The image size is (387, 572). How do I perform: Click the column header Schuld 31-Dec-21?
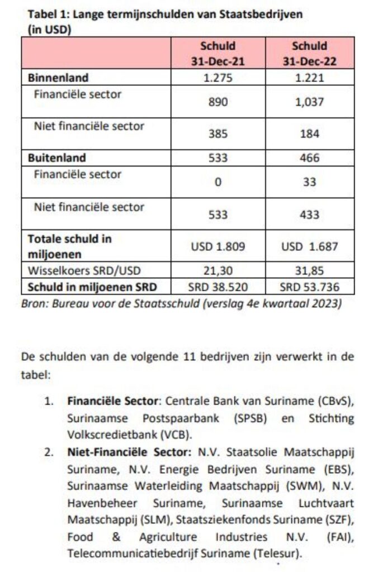(218, 54)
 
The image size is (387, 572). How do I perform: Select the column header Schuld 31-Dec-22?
(309, 54)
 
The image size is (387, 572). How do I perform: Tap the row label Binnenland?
(58, 78)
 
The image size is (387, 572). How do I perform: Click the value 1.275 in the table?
(218, 78)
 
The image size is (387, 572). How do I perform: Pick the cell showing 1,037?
(309, 102)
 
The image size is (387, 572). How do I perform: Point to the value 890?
(218, 102)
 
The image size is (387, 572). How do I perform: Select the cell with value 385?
(218, 134)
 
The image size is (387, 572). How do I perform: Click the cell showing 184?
(309, 134)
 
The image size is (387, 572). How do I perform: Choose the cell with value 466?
(309, 158)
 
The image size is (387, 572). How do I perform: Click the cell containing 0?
(218, 182)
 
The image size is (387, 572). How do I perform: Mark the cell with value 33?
(309, 182)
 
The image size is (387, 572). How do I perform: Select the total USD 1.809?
(218, 246)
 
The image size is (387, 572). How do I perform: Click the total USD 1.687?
(309, 246)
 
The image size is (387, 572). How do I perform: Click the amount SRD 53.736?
(309, 288)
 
